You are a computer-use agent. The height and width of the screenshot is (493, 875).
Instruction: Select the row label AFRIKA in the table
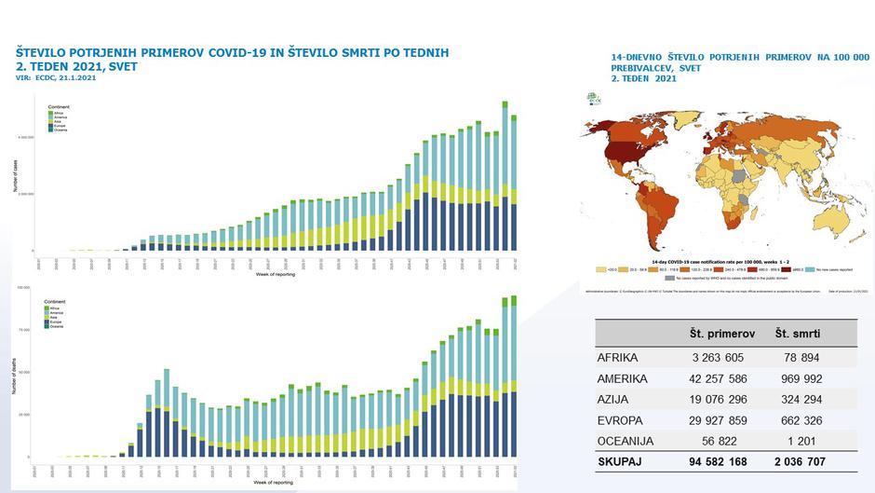click(620, 357)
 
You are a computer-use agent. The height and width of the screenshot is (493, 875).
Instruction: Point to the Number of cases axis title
click(15, 176)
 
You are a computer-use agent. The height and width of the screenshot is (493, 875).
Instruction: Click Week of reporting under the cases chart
click(276, 275)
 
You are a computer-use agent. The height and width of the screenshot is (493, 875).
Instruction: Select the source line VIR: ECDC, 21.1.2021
click(56, 77)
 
